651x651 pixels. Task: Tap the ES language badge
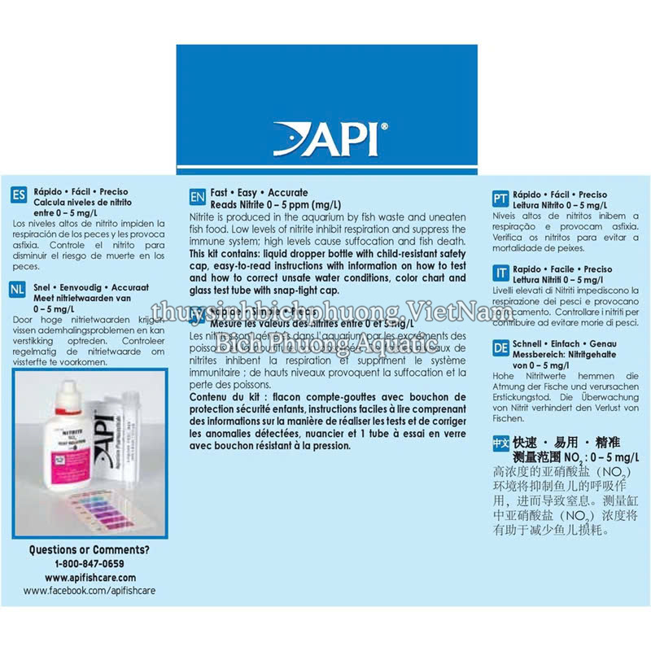pyautogui.click(x=19, y=196)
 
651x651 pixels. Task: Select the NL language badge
pyautogui.click(x=19, y=290)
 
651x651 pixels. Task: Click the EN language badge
pyautogui.click(x=197, y=198)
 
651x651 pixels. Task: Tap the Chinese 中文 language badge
pyautogui.click(x=502, y=443)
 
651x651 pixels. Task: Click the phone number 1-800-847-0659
pyautogui.click(x=90, y=563)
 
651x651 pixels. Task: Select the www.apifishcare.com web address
pyautogui.click(x=90, y=577)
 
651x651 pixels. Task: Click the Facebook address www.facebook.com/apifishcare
pyautogui.click(x=90, y=591)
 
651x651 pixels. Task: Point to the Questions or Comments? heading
pyautogui.click(x=90, y=550)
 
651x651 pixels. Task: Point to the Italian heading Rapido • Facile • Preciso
pyautogui.click(x=562, y=269)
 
